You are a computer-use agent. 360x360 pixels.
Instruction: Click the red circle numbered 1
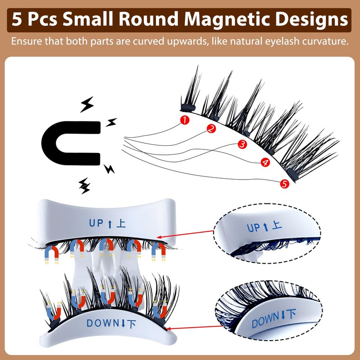click(x=184, y=119)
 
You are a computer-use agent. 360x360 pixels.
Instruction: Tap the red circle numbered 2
click(x=211, y=128)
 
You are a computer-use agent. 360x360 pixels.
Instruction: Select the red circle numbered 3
click(x=242, y=144)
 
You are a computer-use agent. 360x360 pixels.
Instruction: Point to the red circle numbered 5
click(x=284, y=183)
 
